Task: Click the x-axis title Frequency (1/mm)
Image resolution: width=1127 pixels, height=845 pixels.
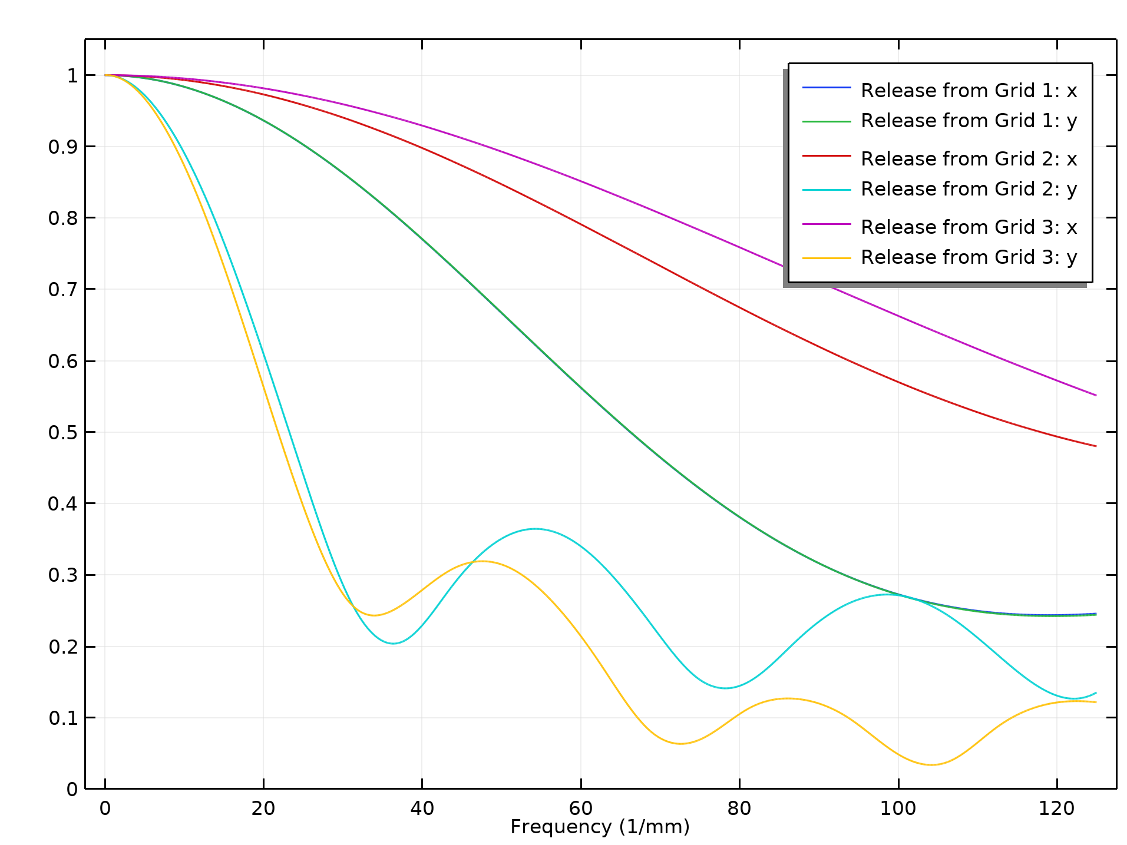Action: [600, 827]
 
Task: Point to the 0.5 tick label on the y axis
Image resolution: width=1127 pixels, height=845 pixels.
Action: [63, 433]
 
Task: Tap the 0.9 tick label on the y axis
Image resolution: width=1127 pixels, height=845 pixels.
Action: [63, 147]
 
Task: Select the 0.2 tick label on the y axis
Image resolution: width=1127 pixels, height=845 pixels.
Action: [63, 647]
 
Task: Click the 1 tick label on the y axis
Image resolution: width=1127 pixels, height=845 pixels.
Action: [72, 76]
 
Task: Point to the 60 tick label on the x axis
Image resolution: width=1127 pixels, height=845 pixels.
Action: [581, 808]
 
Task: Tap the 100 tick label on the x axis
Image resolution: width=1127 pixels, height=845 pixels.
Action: [898, 808]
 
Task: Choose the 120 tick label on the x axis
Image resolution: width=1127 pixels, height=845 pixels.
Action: [1057, 808]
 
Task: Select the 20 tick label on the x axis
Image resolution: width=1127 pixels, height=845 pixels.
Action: [263, 808]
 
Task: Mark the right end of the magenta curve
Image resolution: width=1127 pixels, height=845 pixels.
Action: [1096, 395]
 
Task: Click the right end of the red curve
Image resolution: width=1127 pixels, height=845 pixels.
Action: [1096, 446]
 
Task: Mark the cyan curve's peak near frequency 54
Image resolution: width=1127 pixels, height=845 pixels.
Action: [535, 529]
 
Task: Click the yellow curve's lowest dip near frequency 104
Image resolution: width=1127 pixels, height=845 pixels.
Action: [931, 765]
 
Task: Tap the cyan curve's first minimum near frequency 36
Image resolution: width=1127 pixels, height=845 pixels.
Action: [394, 643]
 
